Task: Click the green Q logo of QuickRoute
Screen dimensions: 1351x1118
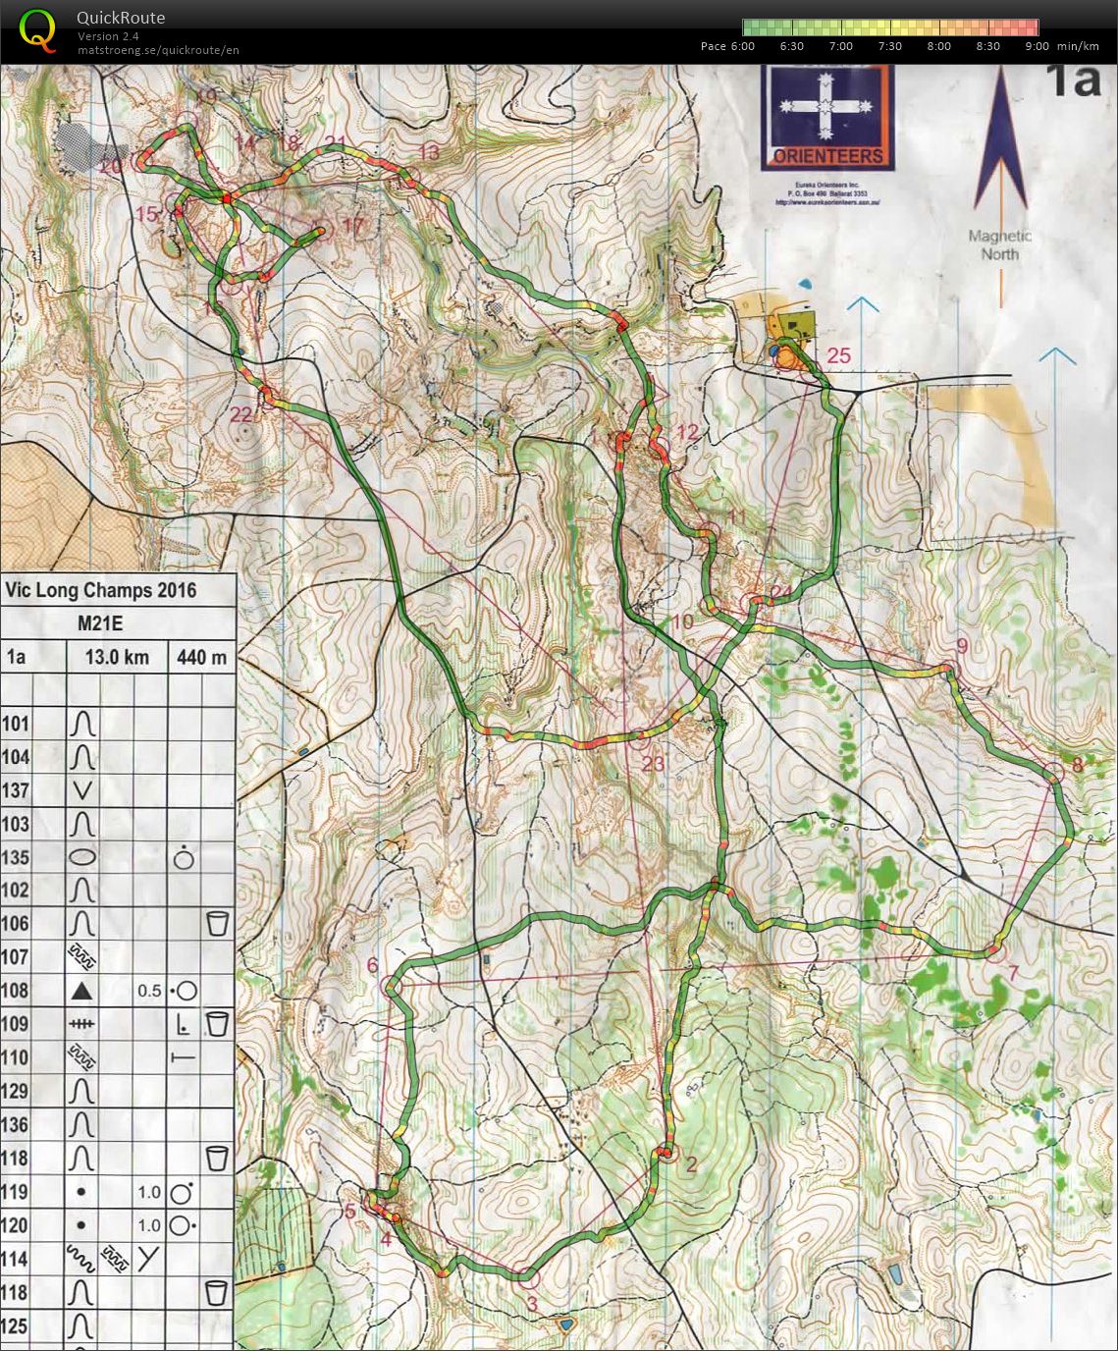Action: tap(37, 29)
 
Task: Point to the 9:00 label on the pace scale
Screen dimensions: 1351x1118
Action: tap(1037, 46)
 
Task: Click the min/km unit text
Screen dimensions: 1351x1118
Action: tap(1078, 46)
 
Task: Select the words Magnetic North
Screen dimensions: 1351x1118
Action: tap(1000, 244)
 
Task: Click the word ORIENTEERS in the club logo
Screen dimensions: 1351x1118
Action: tap(827, 155)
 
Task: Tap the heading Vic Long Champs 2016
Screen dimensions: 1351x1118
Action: tap(100, 591)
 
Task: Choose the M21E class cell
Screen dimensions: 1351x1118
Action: tap(100, 623)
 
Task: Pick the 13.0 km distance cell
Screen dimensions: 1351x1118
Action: tap(117, 657)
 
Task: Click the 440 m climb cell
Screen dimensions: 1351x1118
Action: tap(201, 657)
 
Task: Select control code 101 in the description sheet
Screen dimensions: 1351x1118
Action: tap(16, 725)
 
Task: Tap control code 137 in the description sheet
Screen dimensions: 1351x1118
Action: tap(16, 790)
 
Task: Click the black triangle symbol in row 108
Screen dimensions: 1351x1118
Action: tap(82, 992)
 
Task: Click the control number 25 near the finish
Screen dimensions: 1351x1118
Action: tap(838, 355)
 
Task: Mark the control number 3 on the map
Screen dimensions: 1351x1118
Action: tap(532, 1304)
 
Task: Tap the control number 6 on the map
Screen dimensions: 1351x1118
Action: tap(372, 965)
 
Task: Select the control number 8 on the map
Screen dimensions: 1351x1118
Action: tap(1077, 765)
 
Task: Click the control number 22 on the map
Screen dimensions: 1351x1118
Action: tap(241, 414)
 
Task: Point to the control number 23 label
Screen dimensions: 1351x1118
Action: tap(653, 764)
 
